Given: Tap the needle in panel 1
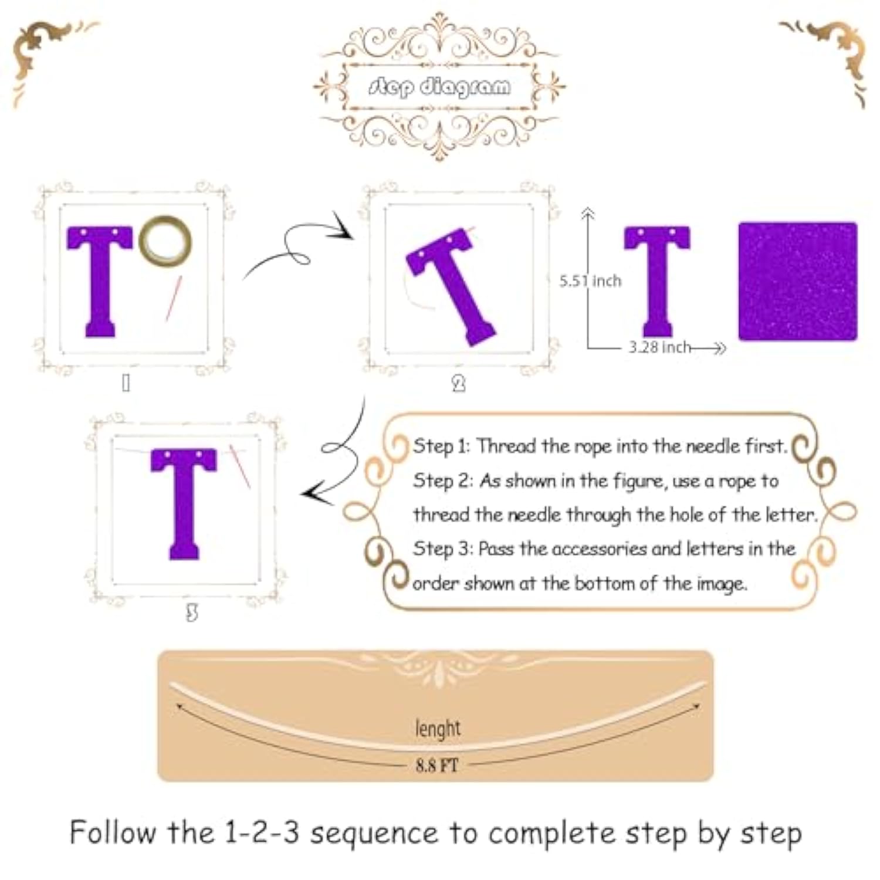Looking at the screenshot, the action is click(x=174, y=298).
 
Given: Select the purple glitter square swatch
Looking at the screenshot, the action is click(x=798, y=281).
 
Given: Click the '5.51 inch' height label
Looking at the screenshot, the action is click(x=590, y=281).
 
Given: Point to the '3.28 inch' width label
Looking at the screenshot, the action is click(x=660, y=347).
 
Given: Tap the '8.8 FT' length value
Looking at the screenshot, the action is click(x=437, y=765).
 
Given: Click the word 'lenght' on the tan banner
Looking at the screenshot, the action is click(x=438, y=729).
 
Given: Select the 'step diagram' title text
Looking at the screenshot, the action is click(x=440, y=87).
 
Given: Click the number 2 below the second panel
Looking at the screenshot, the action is click(x=459, y=384).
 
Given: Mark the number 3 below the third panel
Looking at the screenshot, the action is click(x=192, y=614).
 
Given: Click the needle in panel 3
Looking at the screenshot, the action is click(x=240, y=466).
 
